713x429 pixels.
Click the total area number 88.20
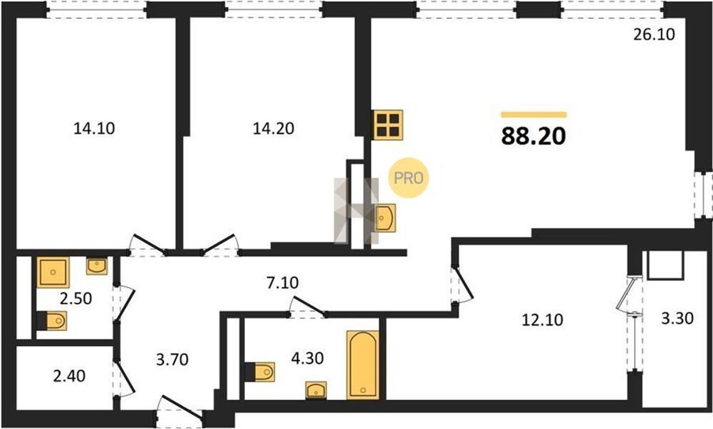click(x=533, y=136)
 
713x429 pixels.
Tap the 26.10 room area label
click(x=654, y=34)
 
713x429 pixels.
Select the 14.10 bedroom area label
click(x=94, y=128)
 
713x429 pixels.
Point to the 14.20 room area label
click(x=273, y=128)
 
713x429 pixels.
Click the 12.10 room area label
click(x=542, y=320)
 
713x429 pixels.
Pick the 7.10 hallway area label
click(x=282, y=283)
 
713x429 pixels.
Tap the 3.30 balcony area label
click(x=677, y=318)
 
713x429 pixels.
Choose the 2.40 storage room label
click(x=69, y=376)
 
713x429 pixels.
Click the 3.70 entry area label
click(x=172, y=359)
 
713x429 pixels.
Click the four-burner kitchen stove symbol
click(x=388, y=124)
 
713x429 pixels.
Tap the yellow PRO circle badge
click(x=408, y=177)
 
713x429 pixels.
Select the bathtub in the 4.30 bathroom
click(x=363, y=365)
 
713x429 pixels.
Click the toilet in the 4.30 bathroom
click(x=260, y=372)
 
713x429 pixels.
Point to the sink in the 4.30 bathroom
click(x=315, y=390)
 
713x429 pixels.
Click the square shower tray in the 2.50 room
click(x=53, y=272)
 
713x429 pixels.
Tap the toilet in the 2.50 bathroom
click(x=51, y=321)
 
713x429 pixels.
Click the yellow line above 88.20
click(x=534, y=115)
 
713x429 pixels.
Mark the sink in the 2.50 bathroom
click(x=97, y=266)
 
